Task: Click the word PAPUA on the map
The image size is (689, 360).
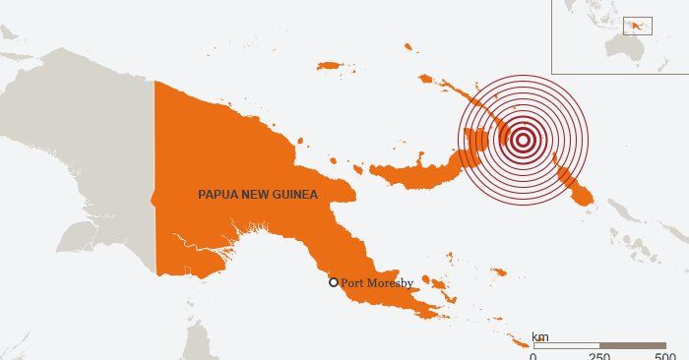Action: pos(217,195)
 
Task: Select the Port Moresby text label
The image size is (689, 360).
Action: pos(377,283)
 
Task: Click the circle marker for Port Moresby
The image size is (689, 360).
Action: pos(334,282)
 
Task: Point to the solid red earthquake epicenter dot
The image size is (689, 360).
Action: pos(523,140)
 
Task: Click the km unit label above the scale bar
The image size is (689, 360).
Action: pos(540,337)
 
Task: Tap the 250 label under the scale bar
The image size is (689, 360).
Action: pos(598,355)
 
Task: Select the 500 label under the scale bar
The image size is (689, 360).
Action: pos(665,355)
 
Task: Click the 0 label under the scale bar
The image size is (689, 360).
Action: pos(533,355)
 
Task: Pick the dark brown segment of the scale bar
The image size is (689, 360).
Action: pos(633,345)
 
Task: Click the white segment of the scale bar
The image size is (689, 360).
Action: pos(566,345)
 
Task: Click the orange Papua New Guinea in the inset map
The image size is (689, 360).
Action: pos(636,24)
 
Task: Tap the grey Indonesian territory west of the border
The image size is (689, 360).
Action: pos(79,148)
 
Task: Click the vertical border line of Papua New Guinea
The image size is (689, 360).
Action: pos(155,177)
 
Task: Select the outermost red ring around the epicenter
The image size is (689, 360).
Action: pos(459,140)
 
